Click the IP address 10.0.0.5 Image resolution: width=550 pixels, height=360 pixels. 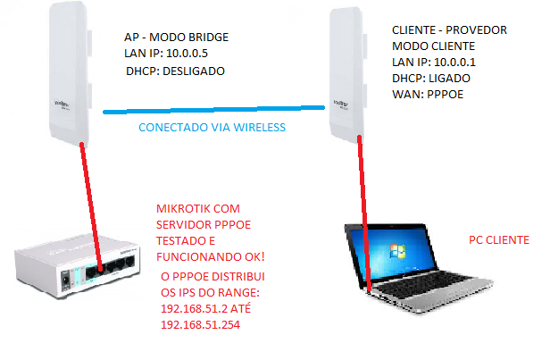[194, 54]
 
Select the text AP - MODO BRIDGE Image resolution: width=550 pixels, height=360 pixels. [177, 38]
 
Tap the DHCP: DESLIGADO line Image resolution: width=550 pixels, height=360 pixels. [176, 70]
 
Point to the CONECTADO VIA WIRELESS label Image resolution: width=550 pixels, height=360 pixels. [212, 128]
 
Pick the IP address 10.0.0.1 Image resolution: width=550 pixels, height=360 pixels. [459, 63]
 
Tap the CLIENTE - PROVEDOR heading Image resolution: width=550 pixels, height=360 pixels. [449, 29]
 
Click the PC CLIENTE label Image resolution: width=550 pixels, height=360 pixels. [499, 240]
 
